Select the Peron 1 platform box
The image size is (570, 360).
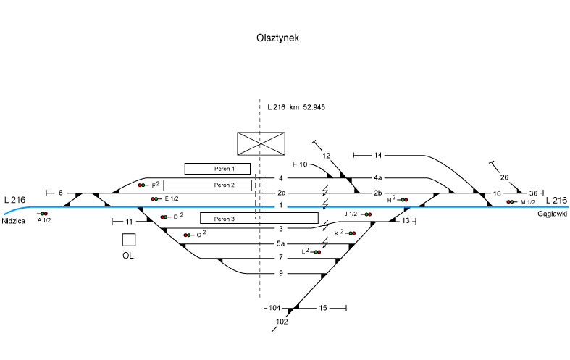[x=217, y=169]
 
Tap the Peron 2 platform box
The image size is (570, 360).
[x=217, y=185]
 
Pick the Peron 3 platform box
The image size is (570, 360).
[x=259, y=218]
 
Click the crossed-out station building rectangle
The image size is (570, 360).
[x=261, y=143]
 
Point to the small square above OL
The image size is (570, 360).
[x=129, y=240]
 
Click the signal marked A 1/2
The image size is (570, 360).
[x=43, y=214]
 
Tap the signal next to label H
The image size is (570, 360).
[x=403, y=199]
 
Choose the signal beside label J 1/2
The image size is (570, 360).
[x=368, y=214]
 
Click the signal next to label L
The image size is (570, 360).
[x=316, y=251]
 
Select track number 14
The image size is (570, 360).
[x=378, y=156]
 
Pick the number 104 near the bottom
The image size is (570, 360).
[x=274, y=309]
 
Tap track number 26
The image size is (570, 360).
[x=504, y=177]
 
